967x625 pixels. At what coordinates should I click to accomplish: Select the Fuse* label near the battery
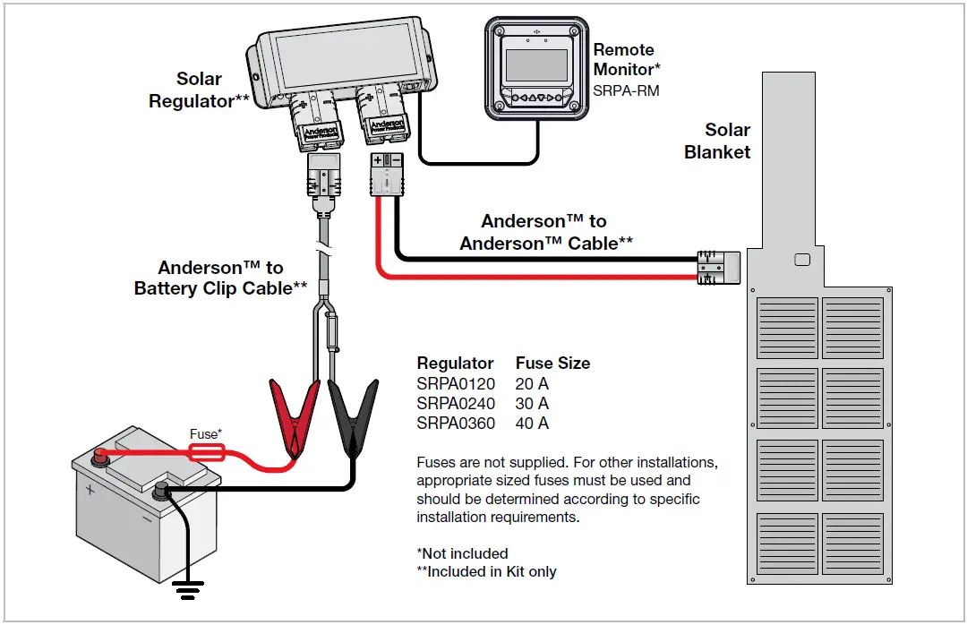pyautogui.click(x=205, y=434)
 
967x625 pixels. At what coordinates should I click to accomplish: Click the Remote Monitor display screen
pyautogui.click(x=536, y=66)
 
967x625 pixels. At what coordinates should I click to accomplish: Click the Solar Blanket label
pyautogui.click(x=718, y=141)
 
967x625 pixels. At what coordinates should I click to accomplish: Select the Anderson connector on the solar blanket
pyautogui.click(x=720, y=268)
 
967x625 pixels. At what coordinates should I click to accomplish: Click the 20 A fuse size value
pyautogui.click(x=532, y=383)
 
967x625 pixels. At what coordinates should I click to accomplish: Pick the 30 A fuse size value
pyautogui.click(x=532, y=403)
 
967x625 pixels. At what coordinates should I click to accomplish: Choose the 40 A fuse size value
pyautogui.click(x=532, y=423)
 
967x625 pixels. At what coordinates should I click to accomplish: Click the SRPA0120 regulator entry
pyautogui.click(x=456, y=383)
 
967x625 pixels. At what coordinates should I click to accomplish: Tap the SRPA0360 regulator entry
pyautogui.click(x=456, y=423)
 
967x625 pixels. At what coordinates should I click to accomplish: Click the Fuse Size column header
pyautogui.click(x=552, y=363)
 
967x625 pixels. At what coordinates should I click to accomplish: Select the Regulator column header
pyautogui.click(x=455, y=363)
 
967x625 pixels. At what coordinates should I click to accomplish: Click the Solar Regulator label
pyautogui.click(x=199, y=90)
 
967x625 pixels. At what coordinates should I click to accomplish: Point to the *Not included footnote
pyautogui.click(x=462, y=553)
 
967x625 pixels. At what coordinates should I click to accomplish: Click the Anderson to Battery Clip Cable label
pyautogui.click(x=220, y=278)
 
